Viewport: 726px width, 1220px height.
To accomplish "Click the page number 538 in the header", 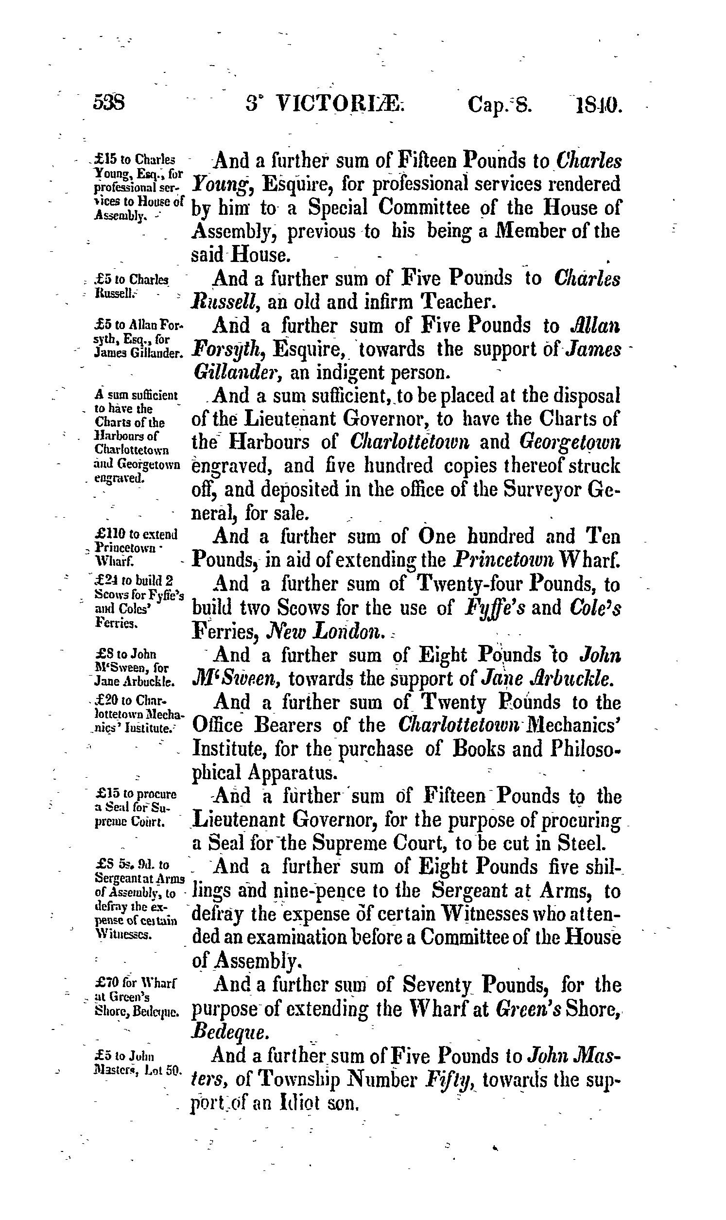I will pos(110,104).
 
